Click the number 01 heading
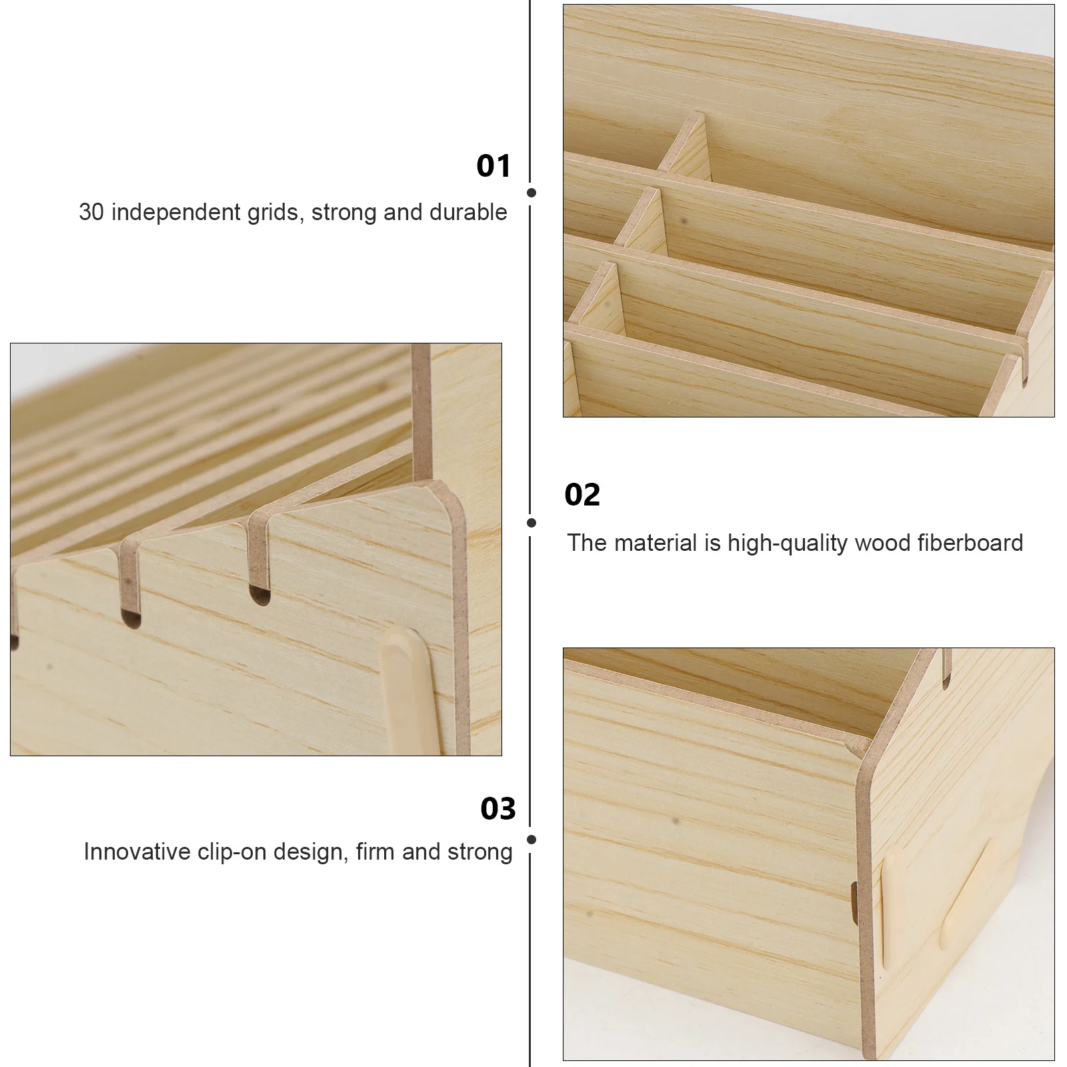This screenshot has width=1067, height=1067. coord(493,166)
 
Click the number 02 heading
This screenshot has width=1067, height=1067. coord(582,495)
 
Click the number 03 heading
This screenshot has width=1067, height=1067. coord(498,809)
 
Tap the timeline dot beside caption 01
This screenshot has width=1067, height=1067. coord(531,193)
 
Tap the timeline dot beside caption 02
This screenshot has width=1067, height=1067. coord(531,523)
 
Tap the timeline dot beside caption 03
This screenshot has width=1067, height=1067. coord(531,840)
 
